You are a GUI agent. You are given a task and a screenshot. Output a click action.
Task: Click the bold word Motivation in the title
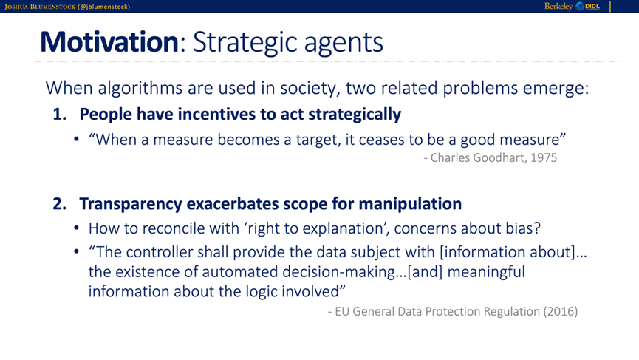[109, 41]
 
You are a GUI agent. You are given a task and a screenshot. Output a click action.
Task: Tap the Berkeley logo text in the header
[558, 6]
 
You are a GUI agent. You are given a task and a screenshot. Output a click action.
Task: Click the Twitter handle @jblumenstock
[103, 7]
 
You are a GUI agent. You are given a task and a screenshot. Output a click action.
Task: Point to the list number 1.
[60, 114]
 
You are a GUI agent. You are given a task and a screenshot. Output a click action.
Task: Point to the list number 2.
[60, 204]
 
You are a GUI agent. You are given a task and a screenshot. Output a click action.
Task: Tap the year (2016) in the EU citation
[561, 311]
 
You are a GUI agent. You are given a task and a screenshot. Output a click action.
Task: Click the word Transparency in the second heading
[131, 204]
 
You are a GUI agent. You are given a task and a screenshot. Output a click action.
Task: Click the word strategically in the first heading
[355, 114]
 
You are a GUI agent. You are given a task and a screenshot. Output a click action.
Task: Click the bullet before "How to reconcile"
[77, 228]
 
